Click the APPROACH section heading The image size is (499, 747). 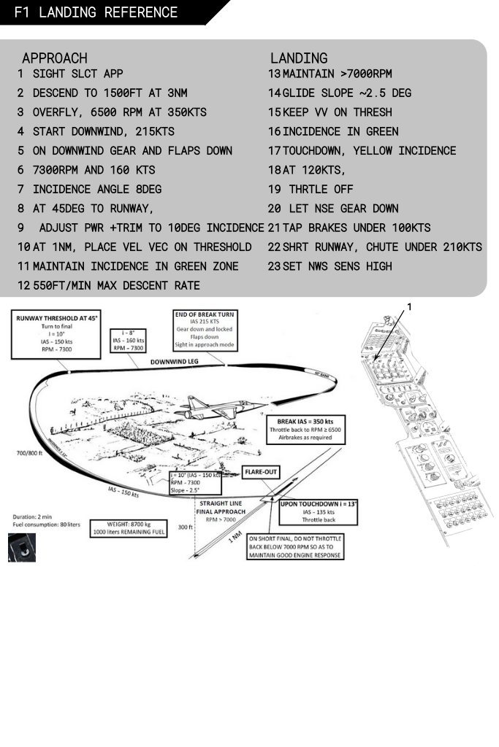click(x=55, y=58)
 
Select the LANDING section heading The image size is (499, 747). click(x=299, y=58)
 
